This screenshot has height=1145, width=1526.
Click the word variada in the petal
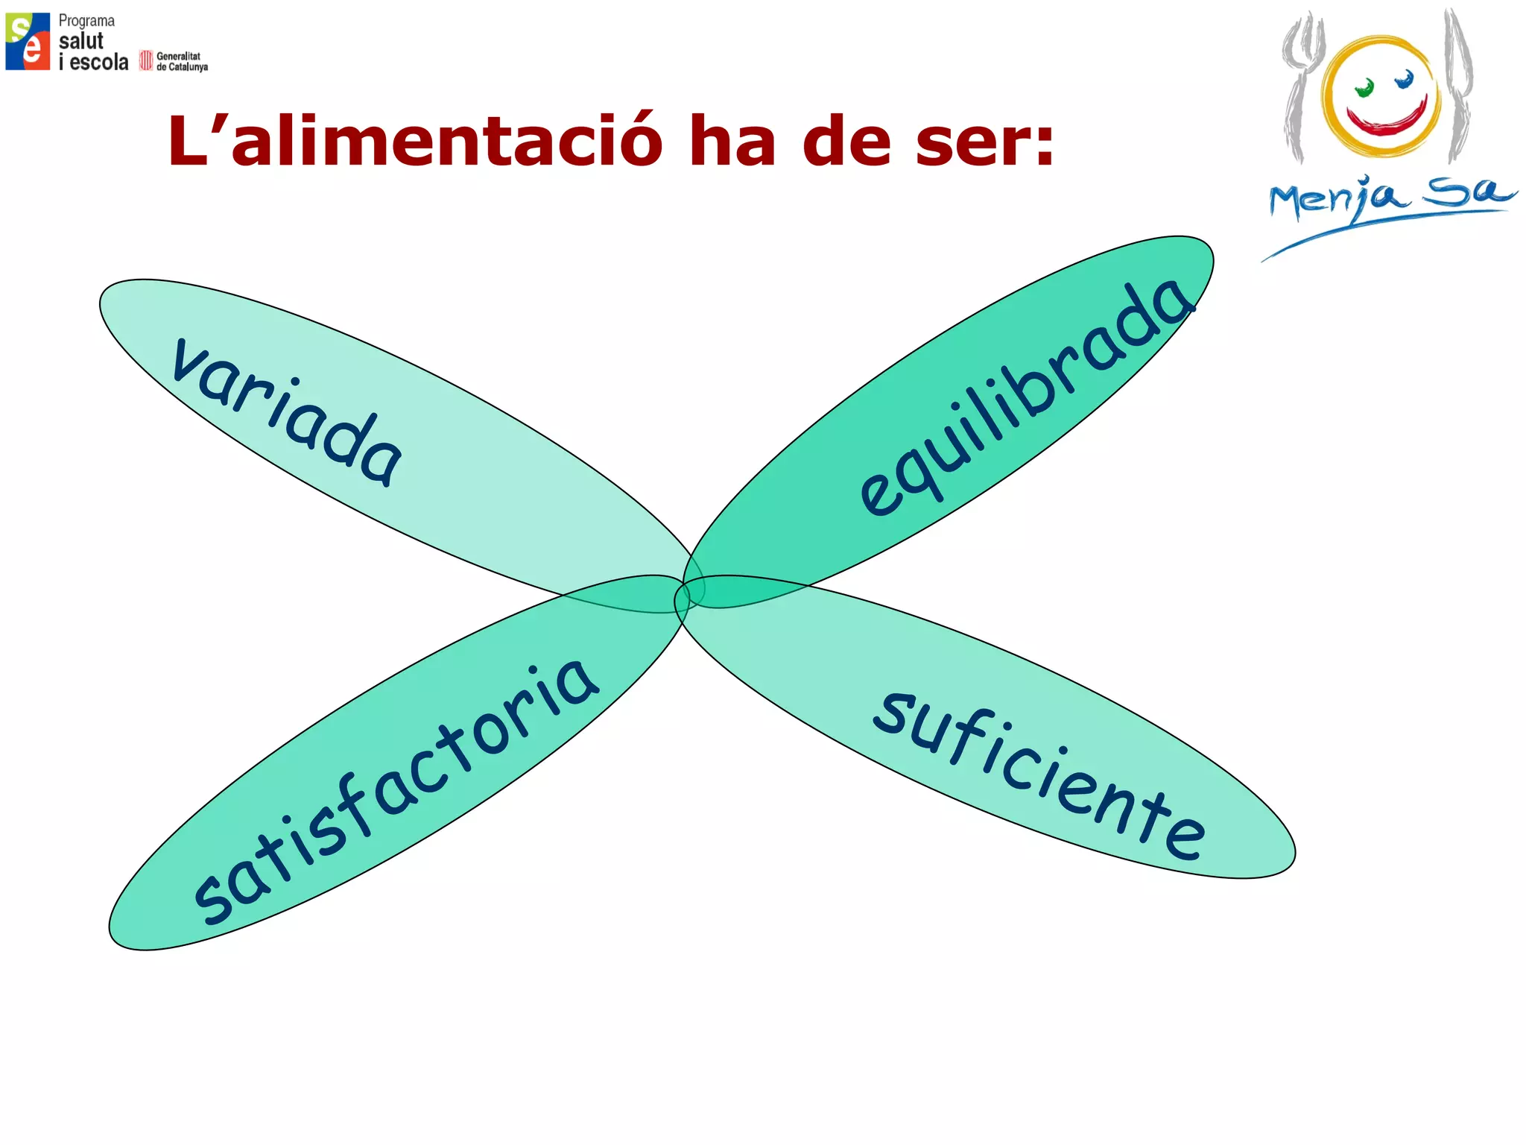click(x=287, y=411)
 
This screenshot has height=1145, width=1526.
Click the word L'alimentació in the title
click(x=414, y=142)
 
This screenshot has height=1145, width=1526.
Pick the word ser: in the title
click(x=984, y=142)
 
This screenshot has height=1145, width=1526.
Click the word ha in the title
click(x=732, y=142)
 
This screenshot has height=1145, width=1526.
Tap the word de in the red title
click(x=846, y=142)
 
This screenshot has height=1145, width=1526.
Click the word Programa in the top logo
click(x=86, y=21)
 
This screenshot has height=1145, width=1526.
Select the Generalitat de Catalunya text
click(x=181, y=61)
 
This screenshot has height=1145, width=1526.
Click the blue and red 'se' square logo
click(x=28, y=42)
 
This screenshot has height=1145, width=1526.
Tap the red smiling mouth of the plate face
click(x=1387, y=119)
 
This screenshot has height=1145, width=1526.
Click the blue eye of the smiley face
click(x=1405, y=79)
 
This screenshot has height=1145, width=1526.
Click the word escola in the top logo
click(x=99, y=62)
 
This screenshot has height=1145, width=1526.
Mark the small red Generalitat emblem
click(x=146, y=61)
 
